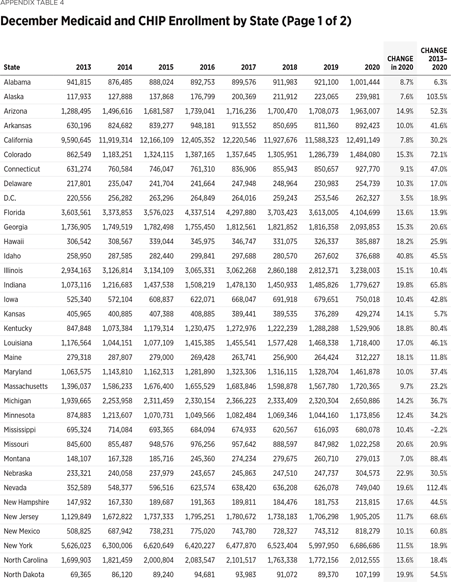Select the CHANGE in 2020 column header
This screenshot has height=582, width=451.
pos(400,63)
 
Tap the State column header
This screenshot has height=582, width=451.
pos(12,67)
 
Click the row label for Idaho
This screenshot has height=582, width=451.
pos(12,256)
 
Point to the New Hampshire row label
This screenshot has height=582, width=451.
pos(26,502)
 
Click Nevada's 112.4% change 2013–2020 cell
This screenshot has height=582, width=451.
pos(437,488)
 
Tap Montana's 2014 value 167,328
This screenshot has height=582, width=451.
pos(120,458)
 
